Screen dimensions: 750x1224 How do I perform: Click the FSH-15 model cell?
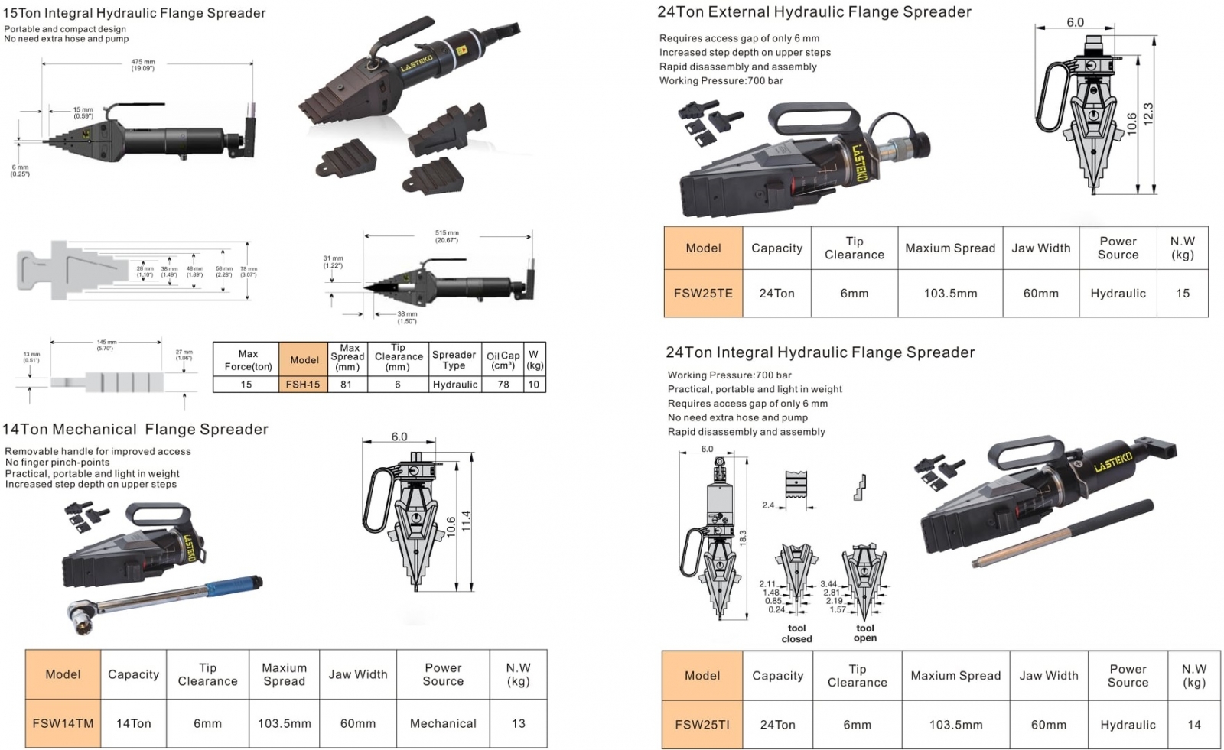point(303,385)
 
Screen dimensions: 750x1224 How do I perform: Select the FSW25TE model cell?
point(703,293)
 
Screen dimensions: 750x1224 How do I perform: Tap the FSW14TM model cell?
point(63,723)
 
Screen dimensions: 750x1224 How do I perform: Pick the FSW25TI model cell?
point(702,725)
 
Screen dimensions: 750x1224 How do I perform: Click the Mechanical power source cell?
point(443,723)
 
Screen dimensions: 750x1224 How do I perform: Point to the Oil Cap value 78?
point(503,385)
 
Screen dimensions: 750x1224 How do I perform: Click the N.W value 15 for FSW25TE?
point(1183,293)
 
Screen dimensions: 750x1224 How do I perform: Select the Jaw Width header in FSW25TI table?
point(1049,676)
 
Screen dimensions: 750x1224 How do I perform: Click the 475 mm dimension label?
point(142,64)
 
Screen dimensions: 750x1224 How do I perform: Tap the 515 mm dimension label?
point(447,235)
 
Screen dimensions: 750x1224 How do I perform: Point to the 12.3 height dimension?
point(1147,113)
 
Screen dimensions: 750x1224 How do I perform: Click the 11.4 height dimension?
point(466,521)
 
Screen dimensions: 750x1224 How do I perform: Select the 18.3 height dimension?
point(742,537)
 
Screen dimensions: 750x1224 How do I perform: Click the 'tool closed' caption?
point(796,634)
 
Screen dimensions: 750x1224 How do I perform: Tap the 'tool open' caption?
point(865,633)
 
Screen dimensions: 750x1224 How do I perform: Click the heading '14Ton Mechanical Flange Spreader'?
point(135,430)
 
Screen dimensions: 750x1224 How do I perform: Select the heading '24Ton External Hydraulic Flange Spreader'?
point(814,12)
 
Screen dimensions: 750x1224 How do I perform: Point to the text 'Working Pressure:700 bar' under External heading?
point(721,81)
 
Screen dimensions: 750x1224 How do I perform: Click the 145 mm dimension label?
point(106,345)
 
